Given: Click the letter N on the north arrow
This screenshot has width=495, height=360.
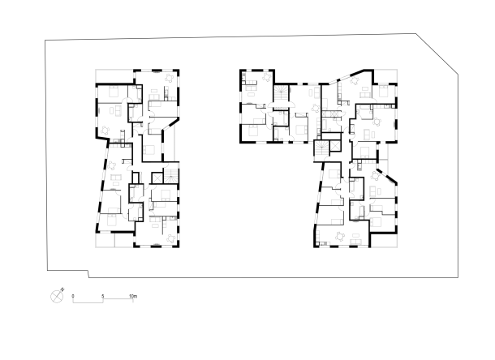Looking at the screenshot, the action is coord(62,289).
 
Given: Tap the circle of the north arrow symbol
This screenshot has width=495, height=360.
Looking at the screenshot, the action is coord(57,297).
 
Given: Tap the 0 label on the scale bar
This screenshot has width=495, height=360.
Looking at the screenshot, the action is coord(73,296).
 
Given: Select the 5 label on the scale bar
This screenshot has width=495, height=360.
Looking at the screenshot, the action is coord(102,296).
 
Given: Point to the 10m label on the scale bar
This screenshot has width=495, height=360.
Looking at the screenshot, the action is coord(133,296).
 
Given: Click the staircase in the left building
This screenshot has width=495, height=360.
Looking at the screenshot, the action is coord(170,176).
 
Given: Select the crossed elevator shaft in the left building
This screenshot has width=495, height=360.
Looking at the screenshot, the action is coord(157,178).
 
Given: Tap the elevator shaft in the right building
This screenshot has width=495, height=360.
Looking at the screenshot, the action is coord(334,147).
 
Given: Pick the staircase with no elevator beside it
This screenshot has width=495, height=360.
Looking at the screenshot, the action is coord(281,93).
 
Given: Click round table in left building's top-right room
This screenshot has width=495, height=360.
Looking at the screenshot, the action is coord(170,78).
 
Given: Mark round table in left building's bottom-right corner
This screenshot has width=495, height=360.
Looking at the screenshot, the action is coord(171,238).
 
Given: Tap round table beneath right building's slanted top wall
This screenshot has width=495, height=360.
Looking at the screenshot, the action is coord(355,80).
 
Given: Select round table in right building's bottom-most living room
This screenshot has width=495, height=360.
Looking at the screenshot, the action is coord(340,236).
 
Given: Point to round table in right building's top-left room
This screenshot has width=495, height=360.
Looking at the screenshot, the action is coord(266,77).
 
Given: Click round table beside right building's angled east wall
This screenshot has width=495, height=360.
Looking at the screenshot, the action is coord(376,176).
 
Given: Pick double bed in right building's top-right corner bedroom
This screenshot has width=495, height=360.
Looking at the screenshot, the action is coord(383,91).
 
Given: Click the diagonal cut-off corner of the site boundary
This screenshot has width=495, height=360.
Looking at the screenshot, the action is coord(437,54).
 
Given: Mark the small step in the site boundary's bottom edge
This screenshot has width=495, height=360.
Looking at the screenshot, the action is coord(88,274).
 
